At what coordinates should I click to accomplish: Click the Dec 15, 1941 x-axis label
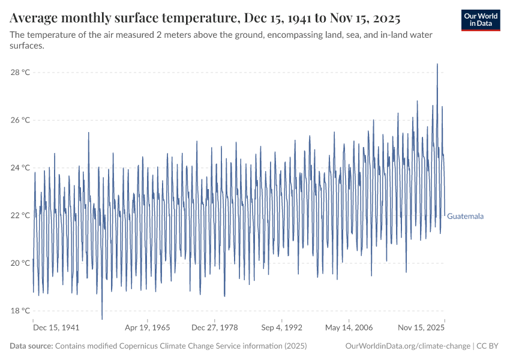click(56, 328)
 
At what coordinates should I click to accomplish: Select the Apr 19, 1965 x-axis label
click(148, 328)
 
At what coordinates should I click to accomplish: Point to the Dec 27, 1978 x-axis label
click(215, 328)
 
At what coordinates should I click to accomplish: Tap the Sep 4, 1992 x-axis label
click(282, 328)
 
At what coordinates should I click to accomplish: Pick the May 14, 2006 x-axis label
click(349, 328)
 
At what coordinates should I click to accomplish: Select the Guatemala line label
click(466, 216)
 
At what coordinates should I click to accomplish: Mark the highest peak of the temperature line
click(437, 64)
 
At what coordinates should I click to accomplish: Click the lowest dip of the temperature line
click(102, 319)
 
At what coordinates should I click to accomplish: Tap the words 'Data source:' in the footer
click(31, 346)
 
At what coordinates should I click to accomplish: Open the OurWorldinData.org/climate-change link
click(408, 346)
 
